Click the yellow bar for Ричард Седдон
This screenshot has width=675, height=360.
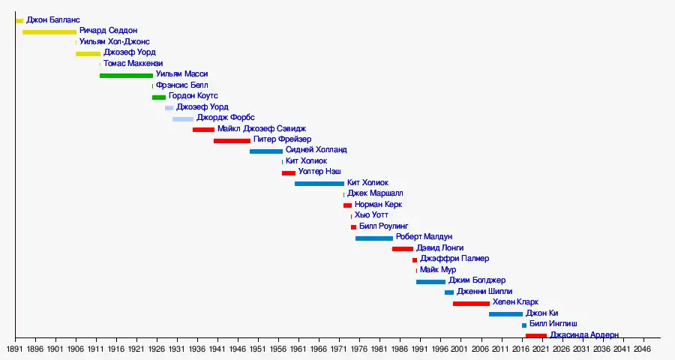point(49,31)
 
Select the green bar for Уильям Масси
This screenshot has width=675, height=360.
point(126,75)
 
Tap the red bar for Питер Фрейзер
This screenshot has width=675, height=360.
point(232,140)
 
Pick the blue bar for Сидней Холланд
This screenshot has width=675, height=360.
point(266,151)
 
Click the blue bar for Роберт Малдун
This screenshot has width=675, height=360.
point(374,238)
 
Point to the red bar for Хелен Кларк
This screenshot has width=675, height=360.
point(471,303)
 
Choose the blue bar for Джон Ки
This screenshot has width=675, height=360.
point(505,314)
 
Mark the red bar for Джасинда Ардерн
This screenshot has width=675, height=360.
point(535,335)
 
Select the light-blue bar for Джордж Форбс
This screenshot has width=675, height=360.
point(183,118)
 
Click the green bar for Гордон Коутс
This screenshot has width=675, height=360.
point(159,97)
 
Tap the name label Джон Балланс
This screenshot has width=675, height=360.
point(53,19)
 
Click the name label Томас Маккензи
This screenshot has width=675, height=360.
point(133,64)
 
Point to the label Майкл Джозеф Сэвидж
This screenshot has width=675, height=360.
point(261,129)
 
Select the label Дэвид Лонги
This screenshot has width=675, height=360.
point(439,248)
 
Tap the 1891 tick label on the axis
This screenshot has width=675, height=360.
point(15,349)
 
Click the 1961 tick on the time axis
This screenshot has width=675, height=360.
point(298,349)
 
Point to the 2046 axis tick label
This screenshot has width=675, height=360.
point(642,349)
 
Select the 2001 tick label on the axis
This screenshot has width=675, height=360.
point(460,349)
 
